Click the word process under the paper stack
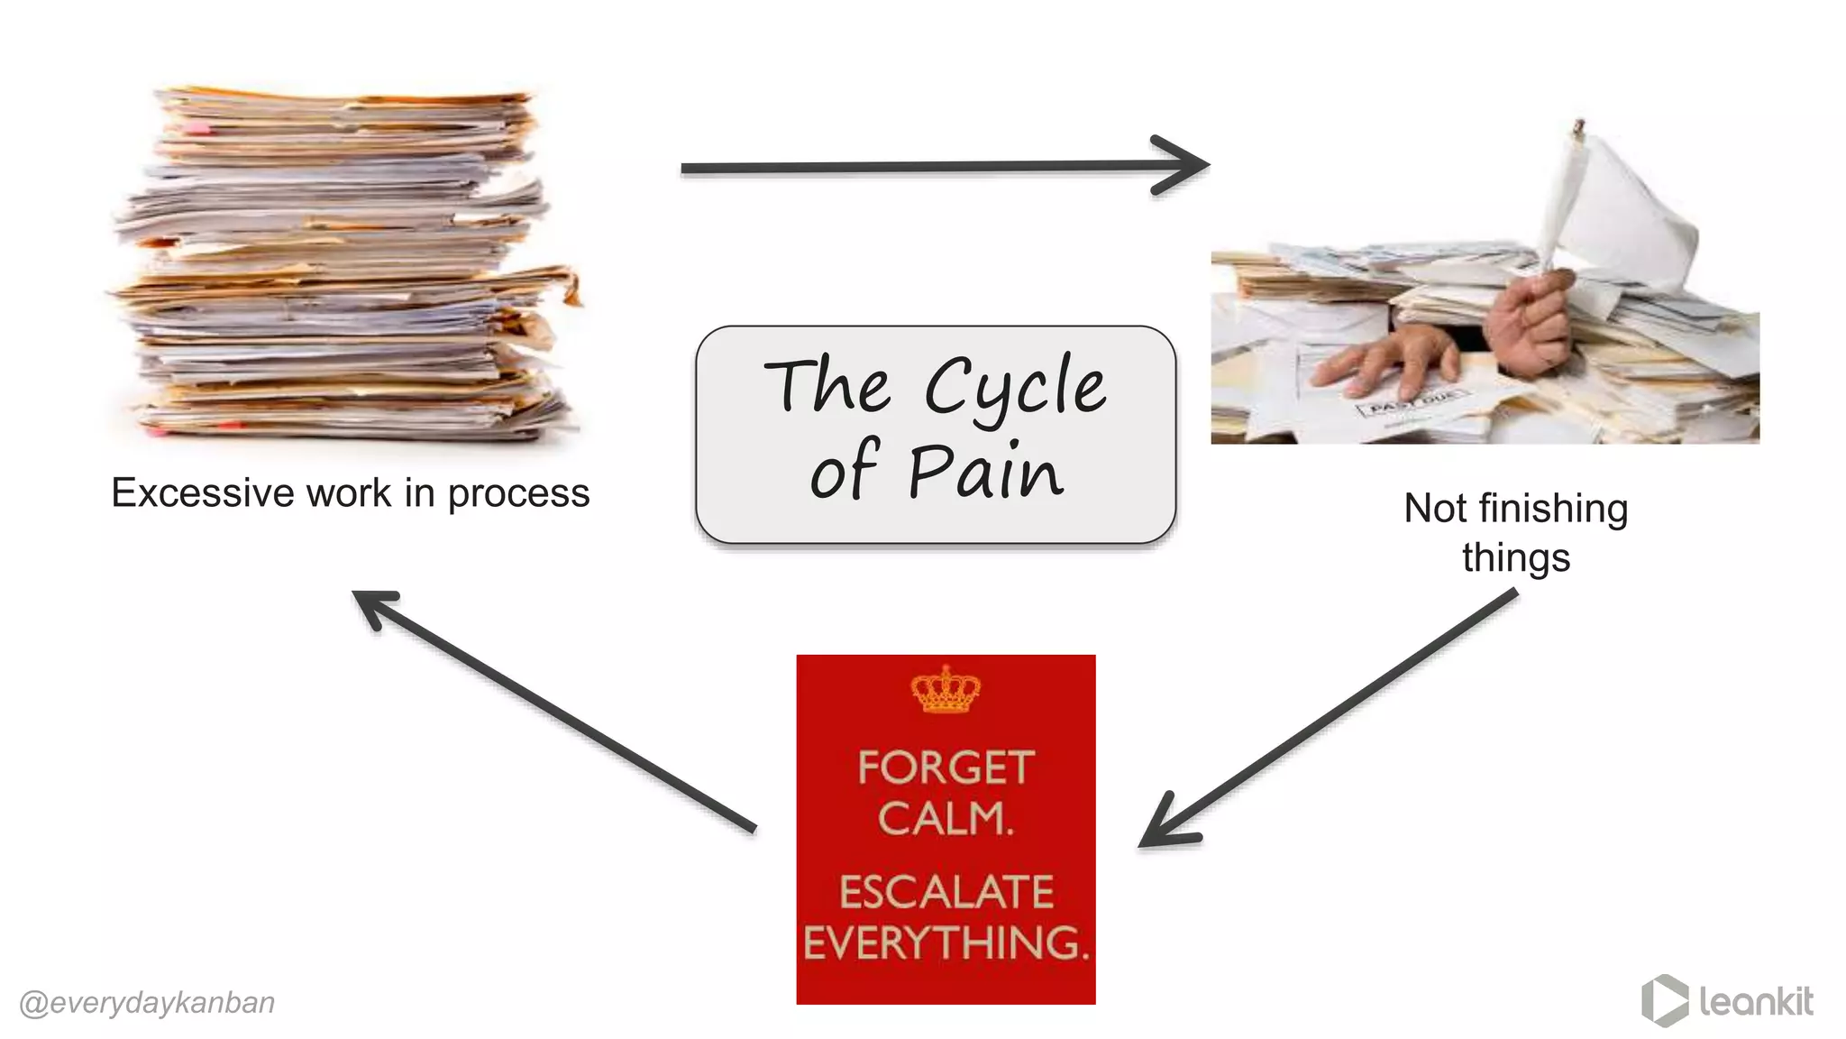518,494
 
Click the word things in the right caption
1516,557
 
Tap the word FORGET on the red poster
945,768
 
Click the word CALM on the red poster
945,819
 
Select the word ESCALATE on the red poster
946,892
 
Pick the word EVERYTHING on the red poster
946,942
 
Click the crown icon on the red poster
946,690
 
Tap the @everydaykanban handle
147,1003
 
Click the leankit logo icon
1664,1000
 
